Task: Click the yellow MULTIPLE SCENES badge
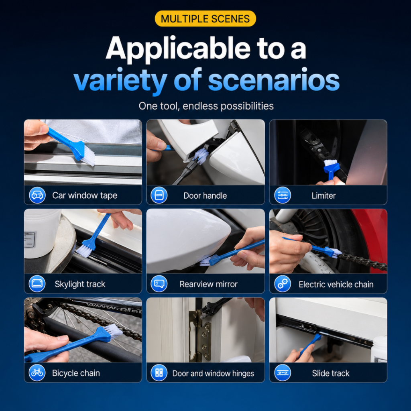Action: pos(205,18)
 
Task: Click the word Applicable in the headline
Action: pos(178,49)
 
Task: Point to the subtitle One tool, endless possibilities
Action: pos(206,106)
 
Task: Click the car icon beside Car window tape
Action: pos(37,195)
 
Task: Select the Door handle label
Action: pos(205,195)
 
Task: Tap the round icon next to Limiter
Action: pos(283,195)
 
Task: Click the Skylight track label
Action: pos(80,284)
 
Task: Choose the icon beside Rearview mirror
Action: pos(159,284)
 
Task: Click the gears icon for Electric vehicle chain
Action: pos(283,284)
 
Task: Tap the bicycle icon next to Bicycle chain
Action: pos(37,373)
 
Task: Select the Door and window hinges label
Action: pos(213,373)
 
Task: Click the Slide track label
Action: pos(331,373)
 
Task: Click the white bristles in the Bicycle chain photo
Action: pos(113,331)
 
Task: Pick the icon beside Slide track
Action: pos(283,373)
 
